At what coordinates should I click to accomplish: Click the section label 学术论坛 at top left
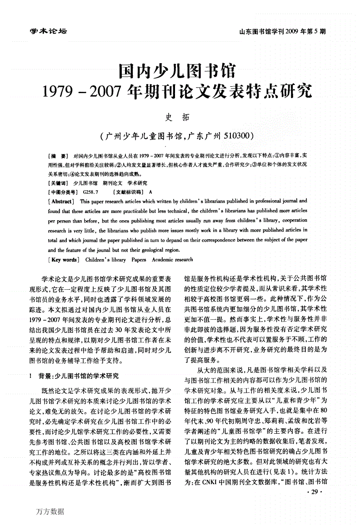pyautogui.click(x=48, y=31)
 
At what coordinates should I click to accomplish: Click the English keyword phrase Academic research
pyautogui.click(x=172, y=260)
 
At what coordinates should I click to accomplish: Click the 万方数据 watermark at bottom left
pyautogui.click(x=49, y=511)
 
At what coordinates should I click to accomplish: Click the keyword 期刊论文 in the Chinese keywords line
pyautogui.click(x=112, y=183)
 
